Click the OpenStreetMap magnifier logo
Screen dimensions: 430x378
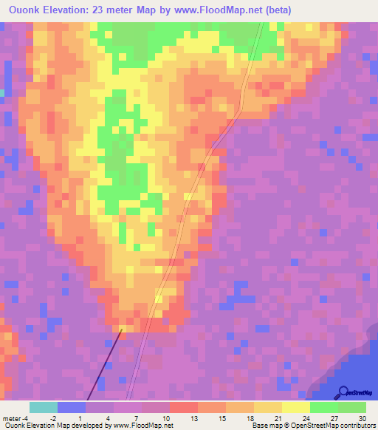(x=344, y=392)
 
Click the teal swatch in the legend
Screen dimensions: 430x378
(x=43, y=407)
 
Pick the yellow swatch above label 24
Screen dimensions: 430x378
(x=295, y=407)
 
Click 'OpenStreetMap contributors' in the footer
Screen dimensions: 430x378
(x=326, y=426)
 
